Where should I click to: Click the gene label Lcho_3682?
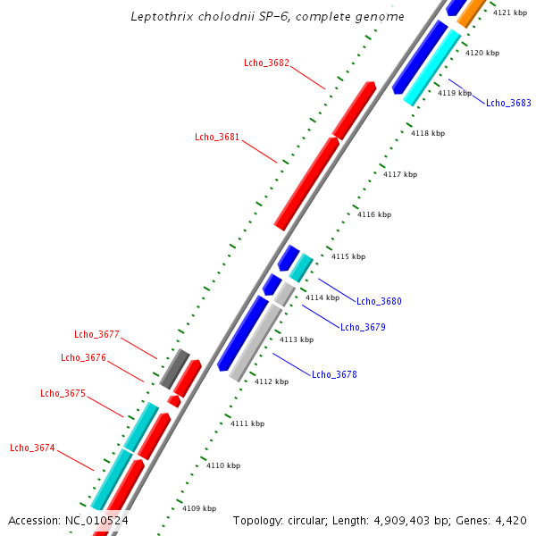click(x=266, y=63)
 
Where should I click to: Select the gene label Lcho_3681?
click(x=217, y=137)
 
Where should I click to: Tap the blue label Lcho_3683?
click(x=508, y=104)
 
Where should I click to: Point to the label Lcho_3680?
click(x=379, y=302)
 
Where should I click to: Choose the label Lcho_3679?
click(x=363, y=328)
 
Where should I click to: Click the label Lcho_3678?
click(x=334, y=375)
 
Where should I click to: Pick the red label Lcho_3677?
click(x=96, y=335)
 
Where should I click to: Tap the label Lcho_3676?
click(x=83, y=358)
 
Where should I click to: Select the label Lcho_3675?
click(x=63, y=394)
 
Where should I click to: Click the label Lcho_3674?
click(x=32, y=448)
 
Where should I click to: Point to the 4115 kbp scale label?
click(x=348, y=256)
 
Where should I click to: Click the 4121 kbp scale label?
click(x=510, y=13)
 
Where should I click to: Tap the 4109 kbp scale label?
click(x=199, y=508)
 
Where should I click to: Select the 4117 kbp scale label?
click(x=400, y=174)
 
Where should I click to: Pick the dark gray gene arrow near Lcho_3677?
click(x=174, y=368)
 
